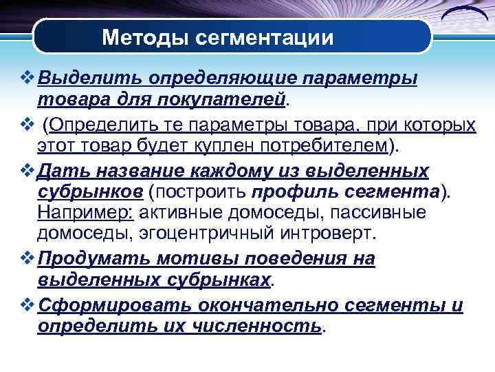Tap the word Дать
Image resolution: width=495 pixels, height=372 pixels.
[x=60, y=170]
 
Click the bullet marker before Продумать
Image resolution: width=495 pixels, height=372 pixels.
[x=27, y=258]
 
